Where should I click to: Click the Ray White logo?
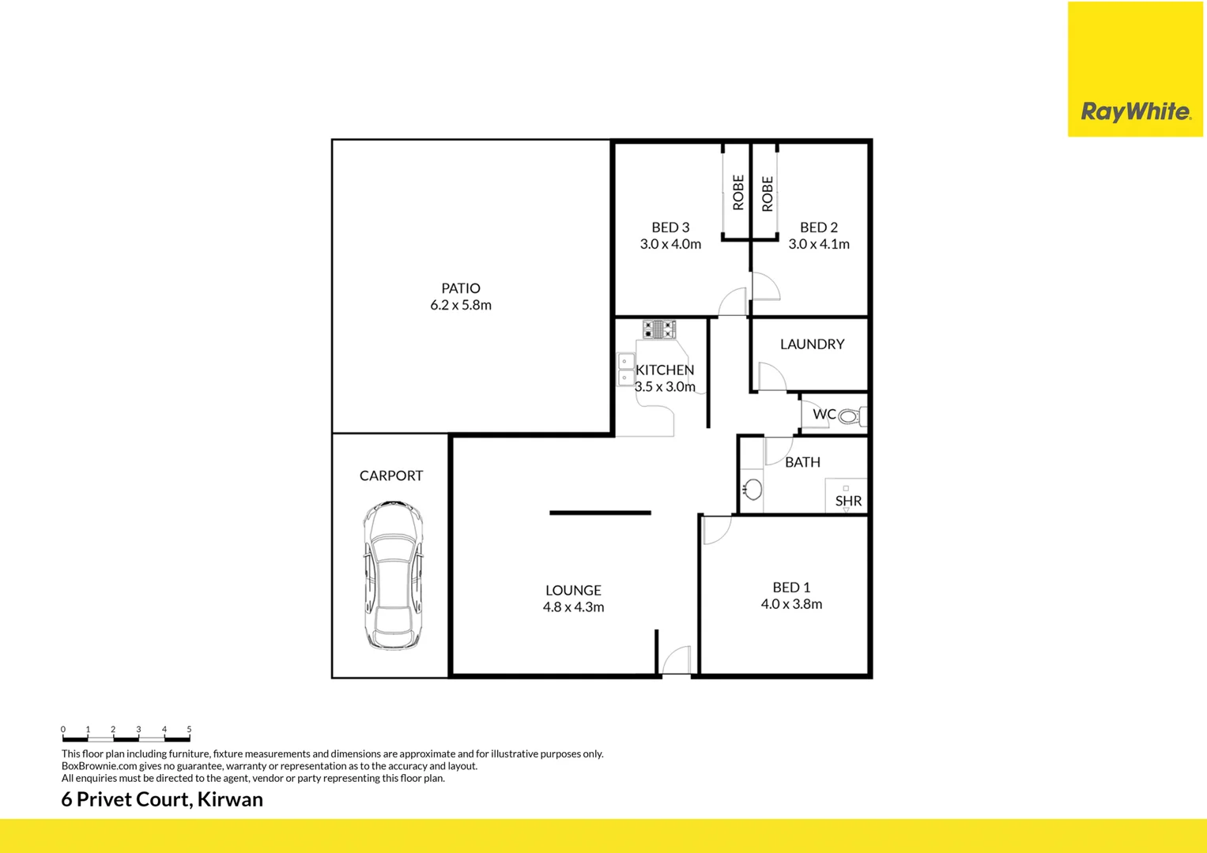coord(1135,111)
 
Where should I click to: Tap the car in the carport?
coord(393,575)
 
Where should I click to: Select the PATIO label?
coord(461,288)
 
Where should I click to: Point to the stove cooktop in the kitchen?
coord(658,329)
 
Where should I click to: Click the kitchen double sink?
coord(624,370)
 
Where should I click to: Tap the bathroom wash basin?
coord(752,490)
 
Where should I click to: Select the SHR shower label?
coord(848,501)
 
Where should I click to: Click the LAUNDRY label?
coord(812,344)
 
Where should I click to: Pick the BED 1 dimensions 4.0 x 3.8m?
coord(791,604)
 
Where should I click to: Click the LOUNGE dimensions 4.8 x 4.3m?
coord(573,607)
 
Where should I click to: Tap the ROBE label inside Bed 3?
coord(738,193)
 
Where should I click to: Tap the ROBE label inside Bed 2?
coord(768,194)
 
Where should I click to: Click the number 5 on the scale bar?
coord(189,729)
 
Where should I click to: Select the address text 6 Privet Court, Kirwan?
coord(162,799)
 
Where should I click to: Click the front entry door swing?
coord(677,661)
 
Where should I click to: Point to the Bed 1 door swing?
coord(716,530)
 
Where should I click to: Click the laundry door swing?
coord(771,376)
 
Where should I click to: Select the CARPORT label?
coord(391,475)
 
